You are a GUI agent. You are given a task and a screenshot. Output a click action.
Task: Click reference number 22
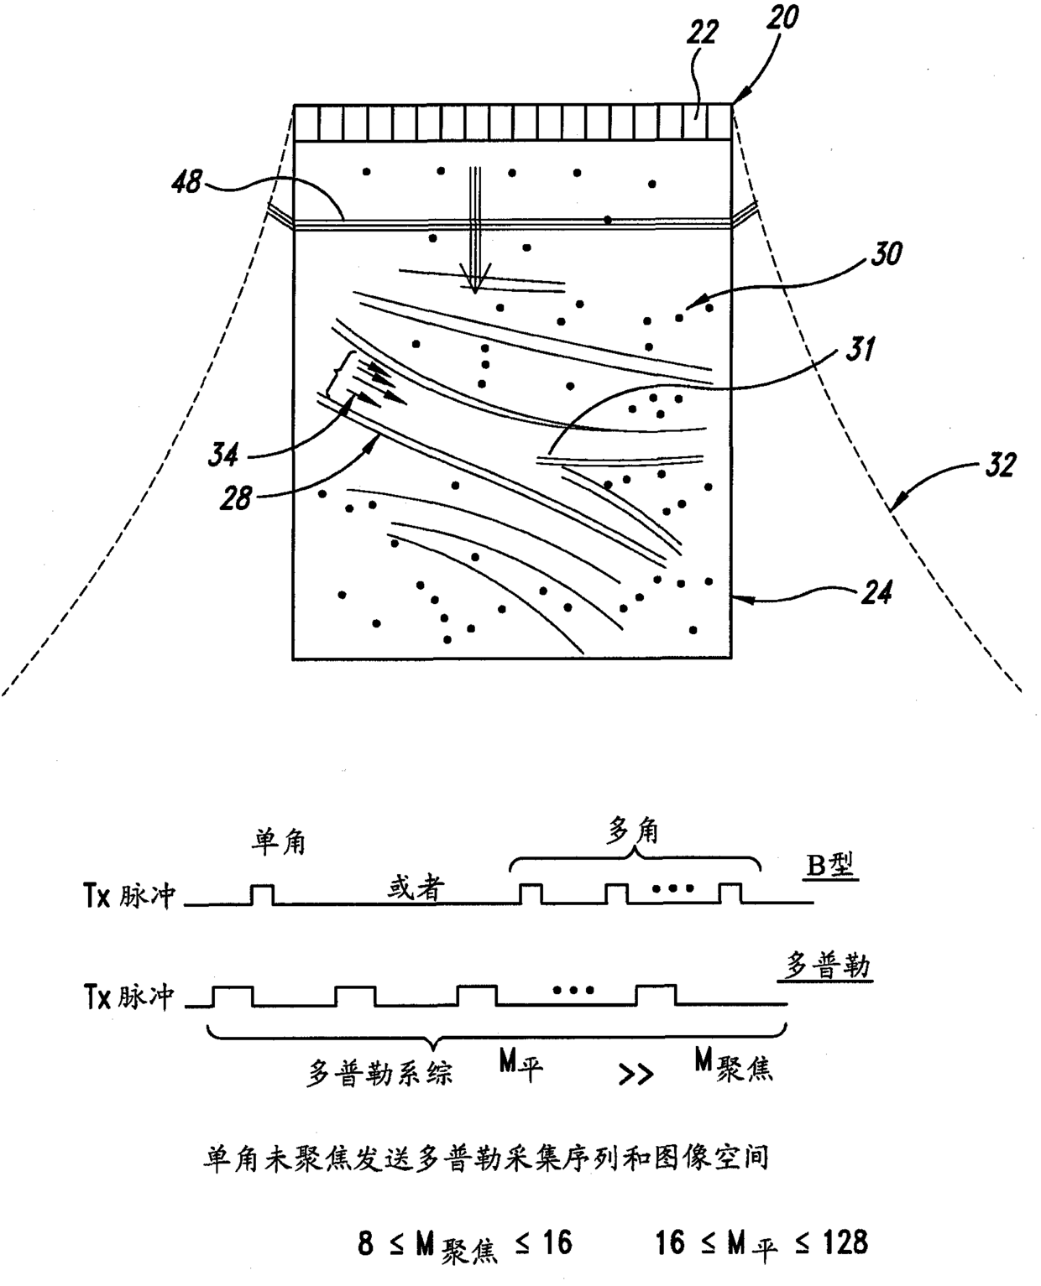[x=703, y=33]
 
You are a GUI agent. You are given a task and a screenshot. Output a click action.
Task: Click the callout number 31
[x=856, y=348]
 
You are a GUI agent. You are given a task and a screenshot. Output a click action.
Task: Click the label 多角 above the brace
[x=633, y=830]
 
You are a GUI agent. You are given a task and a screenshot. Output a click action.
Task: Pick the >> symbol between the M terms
[x=636, y=1075]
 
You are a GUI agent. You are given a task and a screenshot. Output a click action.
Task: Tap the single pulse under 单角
[x=262, y=893]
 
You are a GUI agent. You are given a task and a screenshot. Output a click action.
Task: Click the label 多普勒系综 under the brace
[x=380, y=1072]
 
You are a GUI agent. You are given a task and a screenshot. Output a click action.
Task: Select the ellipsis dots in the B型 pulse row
[x=678, y=887]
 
